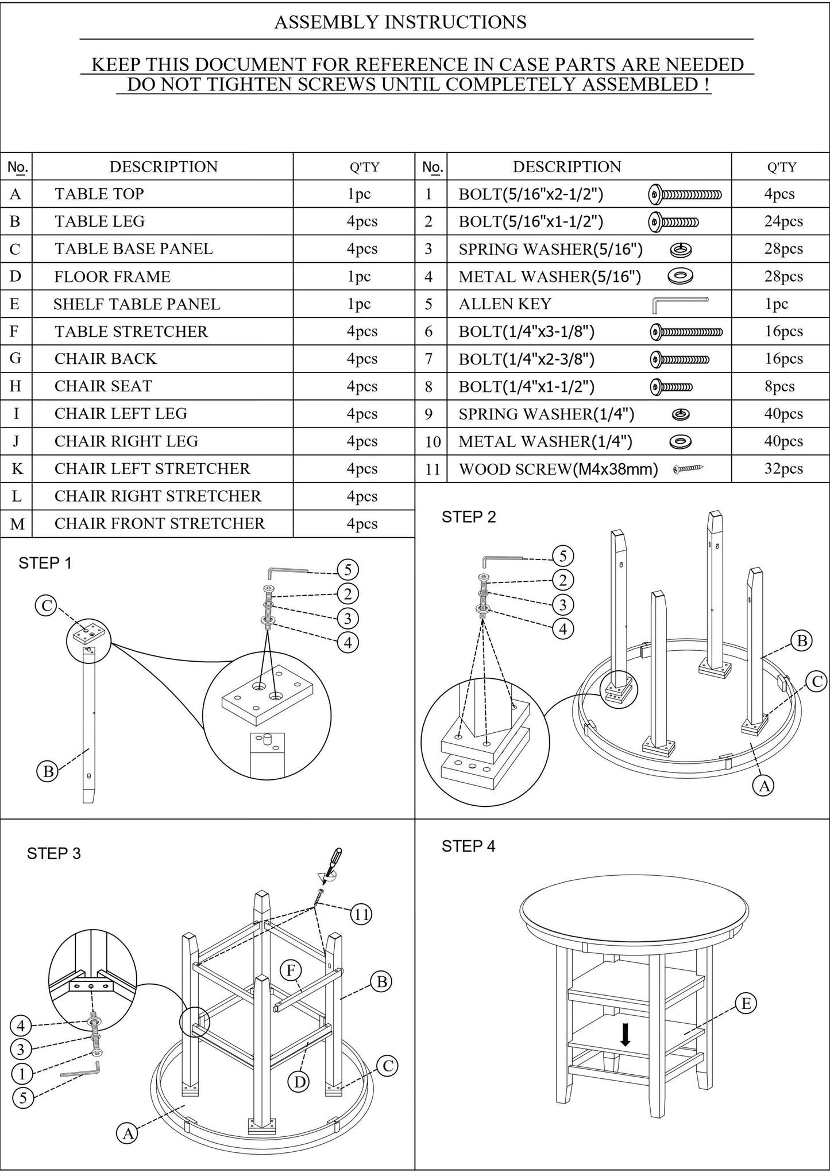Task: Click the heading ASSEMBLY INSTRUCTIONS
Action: tap(400, 22)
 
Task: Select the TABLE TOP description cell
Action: tap(99, 194)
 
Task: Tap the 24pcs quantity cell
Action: tap(783, 222)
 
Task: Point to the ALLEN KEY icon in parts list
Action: tap(680, 304)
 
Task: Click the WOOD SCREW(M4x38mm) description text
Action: tap(558, 469)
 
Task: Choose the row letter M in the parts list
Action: tap(17, 524)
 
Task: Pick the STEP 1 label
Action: tap(45, 563)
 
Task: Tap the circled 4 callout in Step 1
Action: tap(348, 642)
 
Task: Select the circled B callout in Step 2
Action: tap(802, 640)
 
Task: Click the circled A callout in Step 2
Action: tap(764, 785)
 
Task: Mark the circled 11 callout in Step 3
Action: tap(361, 913)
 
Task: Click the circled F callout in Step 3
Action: tap(291, 970)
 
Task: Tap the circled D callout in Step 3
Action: tap(299, 1082)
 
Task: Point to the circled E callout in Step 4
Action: tap(746, 1003)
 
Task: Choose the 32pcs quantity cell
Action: tap(783, 469)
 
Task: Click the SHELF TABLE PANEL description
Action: tap(137, 304)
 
